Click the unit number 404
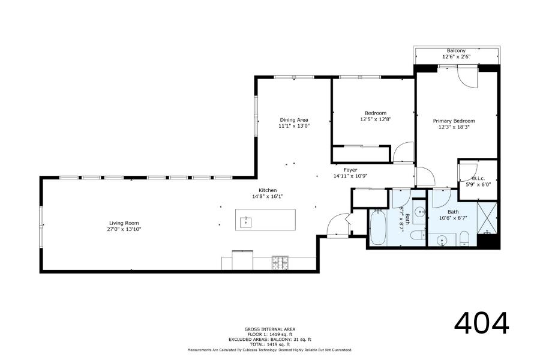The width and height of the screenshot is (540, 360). click(x=481, y=323)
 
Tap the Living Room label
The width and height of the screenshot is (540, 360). click(x=124, y=223)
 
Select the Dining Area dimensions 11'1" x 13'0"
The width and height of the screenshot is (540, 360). click(x=294, y=126)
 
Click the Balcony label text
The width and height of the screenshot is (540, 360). click(x=457, y=50)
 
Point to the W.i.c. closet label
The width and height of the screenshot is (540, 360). click(x=478, y=178)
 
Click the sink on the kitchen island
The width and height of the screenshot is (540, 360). click(x=246, y=221)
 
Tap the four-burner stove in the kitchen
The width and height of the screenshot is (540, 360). click(x=280, y=263)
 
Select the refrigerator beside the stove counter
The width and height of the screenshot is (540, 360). click(x=242, y=260)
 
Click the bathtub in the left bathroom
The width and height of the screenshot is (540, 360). click(x=378, y=227)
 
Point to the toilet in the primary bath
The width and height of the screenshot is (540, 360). click(x=464, y=238)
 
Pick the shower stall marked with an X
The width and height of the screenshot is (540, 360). click(x=487, y=218)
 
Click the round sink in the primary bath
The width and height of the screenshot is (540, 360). click(x=442, y=240)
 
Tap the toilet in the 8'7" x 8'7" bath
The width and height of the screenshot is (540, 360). click(x=418, y=235)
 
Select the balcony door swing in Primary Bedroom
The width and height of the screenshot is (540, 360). click(x=467, y=77)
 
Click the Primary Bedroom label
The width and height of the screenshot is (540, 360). click(x=454, y=121)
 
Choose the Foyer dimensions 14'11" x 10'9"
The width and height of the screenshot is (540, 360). click(x=350, y=176)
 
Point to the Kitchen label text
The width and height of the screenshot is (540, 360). click(x=268, y=190)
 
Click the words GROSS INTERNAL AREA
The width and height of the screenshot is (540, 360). click(x=269, y=329)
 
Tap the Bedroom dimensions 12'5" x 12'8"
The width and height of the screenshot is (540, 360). click(x=376, y=119)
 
